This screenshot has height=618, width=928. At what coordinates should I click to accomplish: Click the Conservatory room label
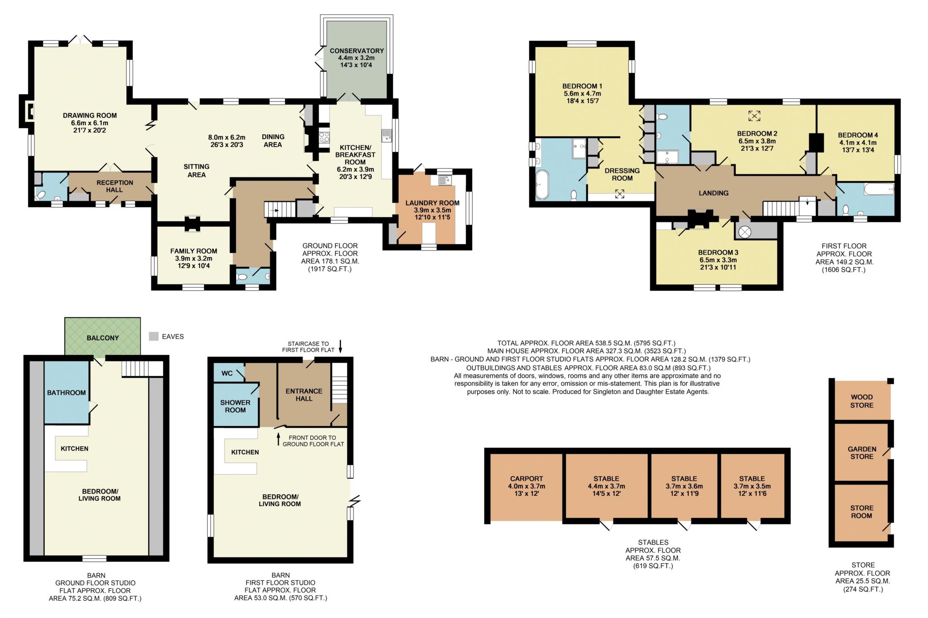click(x=357, y=51)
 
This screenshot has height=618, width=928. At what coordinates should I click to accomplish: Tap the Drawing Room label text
click(x=90, y=115)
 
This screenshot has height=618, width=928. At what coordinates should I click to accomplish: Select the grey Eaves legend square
click(x=154, y=336)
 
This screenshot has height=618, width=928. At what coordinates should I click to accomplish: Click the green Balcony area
click(x=102, y=336)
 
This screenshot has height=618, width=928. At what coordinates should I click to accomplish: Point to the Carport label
click(x=527, y=479)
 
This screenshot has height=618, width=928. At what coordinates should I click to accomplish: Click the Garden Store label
click(x=862, y=453)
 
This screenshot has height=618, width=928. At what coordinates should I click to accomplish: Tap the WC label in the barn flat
click(x=227, y=373)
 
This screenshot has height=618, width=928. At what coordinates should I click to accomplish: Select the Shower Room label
click(x=235, y=406)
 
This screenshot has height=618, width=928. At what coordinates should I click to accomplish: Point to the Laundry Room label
click(x=432, y=203)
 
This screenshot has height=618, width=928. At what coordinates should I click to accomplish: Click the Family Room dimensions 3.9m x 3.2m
click(x=194, y=259)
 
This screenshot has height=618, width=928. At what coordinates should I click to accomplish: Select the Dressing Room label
click(x=622, y=174)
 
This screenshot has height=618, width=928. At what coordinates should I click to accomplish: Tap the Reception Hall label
click(x=115, y=186)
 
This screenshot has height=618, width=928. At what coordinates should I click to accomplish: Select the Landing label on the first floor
click(x=714, y=193)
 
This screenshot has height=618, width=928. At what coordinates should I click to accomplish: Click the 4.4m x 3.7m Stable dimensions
click(x=606, y=486)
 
